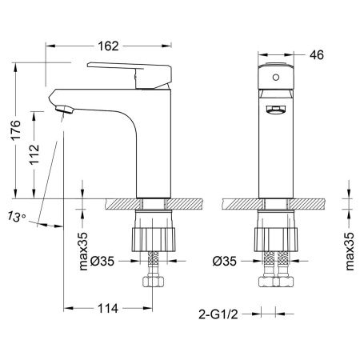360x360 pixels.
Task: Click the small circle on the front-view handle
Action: pyautogui.click(x=274, y=78)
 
